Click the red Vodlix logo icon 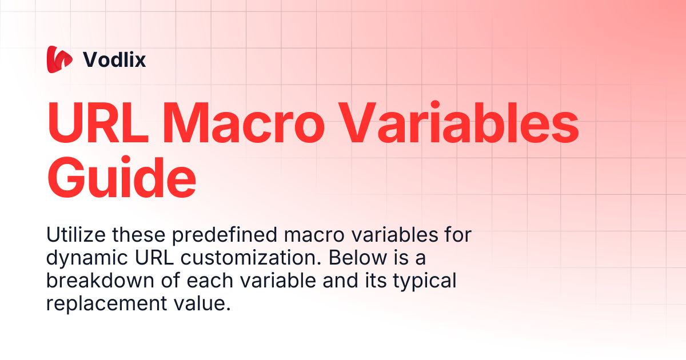59,59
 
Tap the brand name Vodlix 114,59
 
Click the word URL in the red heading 97,122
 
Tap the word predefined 225,235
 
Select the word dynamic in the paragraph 87,258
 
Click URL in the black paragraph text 154,258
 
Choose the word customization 251,258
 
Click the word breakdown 100,281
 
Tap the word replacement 106,304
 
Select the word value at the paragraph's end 202,303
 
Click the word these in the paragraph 138,235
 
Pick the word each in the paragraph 210,281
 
